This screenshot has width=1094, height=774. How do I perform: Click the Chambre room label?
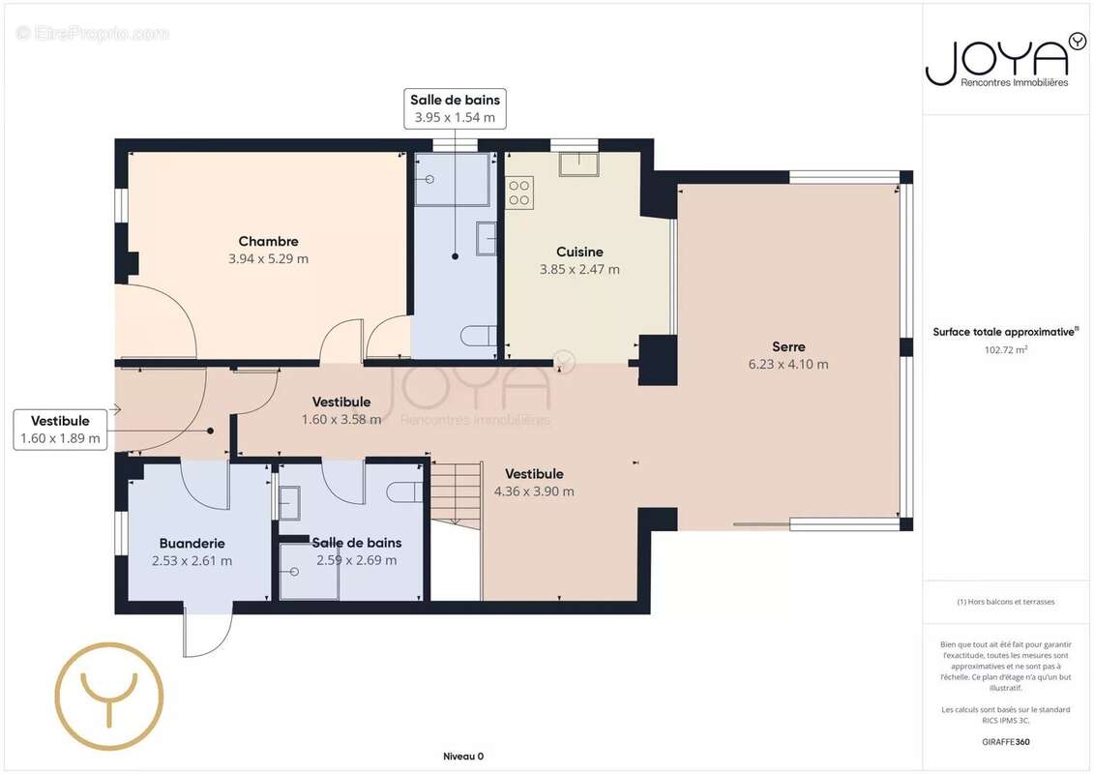click(269, 242)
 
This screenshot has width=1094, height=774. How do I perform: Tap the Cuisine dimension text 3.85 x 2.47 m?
click(579, 269)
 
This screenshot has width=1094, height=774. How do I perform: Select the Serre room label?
click(788, 347)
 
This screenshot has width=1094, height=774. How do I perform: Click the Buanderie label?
click(192, 544)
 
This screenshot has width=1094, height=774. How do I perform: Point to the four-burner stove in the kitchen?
click(519, 193)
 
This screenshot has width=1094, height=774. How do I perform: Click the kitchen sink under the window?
click(578, 164)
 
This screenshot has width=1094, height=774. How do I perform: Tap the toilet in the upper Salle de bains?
click(479, 336)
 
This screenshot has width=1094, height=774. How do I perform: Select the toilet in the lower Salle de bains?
click(404, 492)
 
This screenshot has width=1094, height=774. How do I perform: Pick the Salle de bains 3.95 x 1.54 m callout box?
click(455, 109)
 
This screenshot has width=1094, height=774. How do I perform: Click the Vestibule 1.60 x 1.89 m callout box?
click(61, 430)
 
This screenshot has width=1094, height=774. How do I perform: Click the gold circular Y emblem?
click(109, 696)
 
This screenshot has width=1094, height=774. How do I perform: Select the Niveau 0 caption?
click(463, 757)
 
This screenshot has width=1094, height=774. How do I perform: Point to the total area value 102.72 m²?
click(1005, 349)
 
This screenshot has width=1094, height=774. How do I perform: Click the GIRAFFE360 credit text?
click(1005, 742)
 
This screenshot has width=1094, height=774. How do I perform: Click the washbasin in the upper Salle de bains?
click(487, 239)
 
